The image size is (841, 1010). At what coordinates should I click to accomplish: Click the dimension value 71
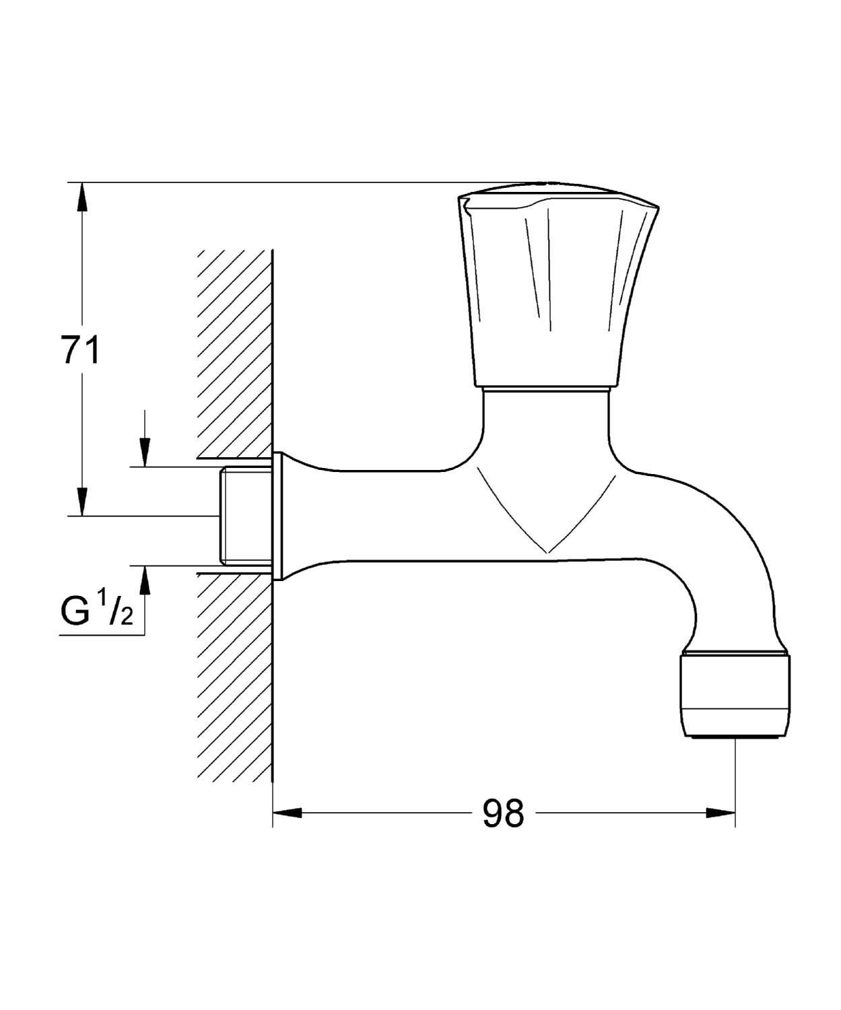80,349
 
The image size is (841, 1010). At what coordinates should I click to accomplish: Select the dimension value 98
503,813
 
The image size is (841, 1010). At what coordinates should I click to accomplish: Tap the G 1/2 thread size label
97,611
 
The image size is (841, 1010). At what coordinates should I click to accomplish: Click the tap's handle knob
559,285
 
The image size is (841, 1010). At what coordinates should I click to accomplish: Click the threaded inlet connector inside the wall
245,516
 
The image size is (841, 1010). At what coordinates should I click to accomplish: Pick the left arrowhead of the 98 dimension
288,813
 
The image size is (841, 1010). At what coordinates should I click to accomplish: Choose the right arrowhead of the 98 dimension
720,813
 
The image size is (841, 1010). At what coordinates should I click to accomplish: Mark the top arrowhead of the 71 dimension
83,197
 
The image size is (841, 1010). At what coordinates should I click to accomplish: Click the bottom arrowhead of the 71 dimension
83,502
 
